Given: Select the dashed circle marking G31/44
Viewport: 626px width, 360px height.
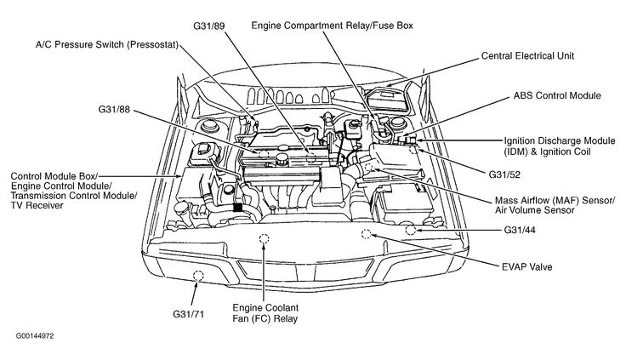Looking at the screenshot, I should [x=412, y=230].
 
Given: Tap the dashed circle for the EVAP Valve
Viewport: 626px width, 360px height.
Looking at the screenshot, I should [x=367, y=233].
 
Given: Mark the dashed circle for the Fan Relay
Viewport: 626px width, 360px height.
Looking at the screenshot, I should [x=265, y=238].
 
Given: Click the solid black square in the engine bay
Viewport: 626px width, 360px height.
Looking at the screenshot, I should [x=238, y=206].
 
